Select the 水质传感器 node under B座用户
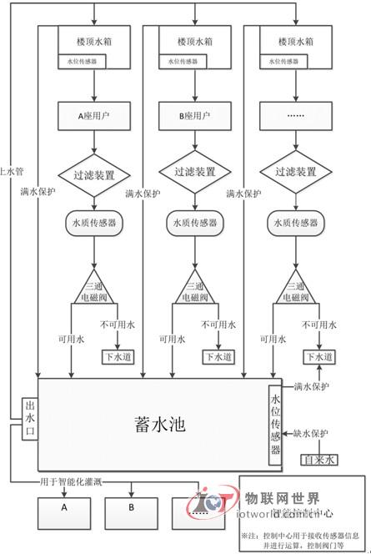coord(194,223)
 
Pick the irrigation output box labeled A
coord(63,506)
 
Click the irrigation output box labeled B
coord(131,506)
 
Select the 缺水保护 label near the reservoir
coord(311,433)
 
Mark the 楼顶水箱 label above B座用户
coord(194,40)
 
